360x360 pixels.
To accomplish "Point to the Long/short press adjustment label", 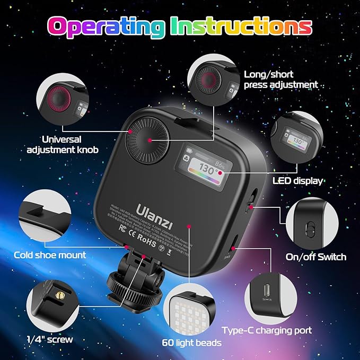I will [280, 79].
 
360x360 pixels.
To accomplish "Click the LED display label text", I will [297, 181].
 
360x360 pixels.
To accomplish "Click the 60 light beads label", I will [192, 343].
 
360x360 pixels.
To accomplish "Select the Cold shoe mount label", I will [50, 255].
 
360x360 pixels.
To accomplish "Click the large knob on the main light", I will [150, 139].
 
